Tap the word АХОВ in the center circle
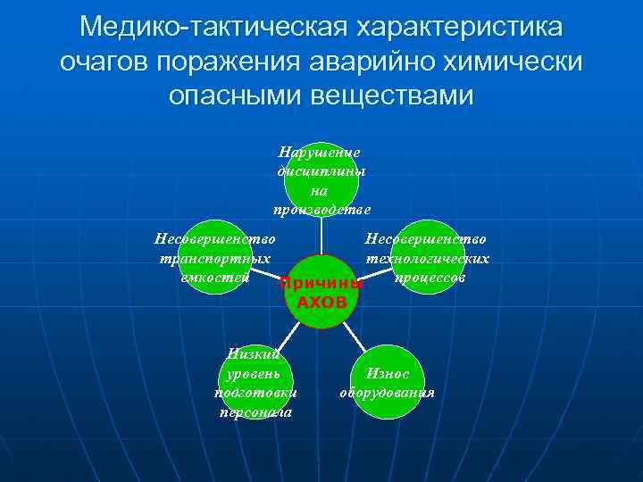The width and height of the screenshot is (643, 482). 321,303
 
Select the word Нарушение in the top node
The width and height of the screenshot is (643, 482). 320,153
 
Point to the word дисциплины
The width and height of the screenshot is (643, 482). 321,171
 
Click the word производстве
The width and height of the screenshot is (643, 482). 321,209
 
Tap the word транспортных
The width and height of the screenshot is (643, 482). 215,258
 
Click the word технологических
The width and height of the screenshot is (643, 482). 426,258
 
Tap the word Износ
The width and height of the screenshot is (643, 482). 387,374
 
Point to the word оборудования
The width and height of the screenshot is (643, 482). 387,393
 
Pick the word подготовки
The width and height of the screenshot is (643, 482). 255,393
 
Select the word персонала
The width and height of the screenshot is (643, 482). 255,411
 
